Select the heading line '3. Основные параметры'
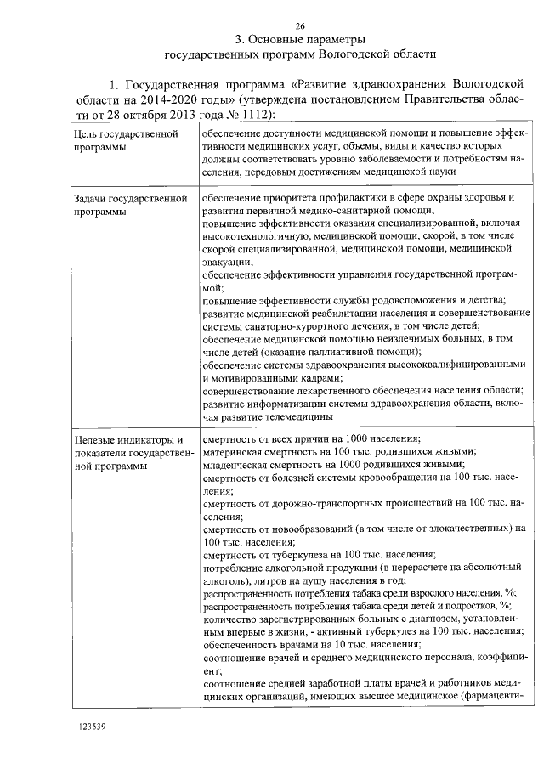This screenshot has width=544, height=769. click(300, 39)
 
